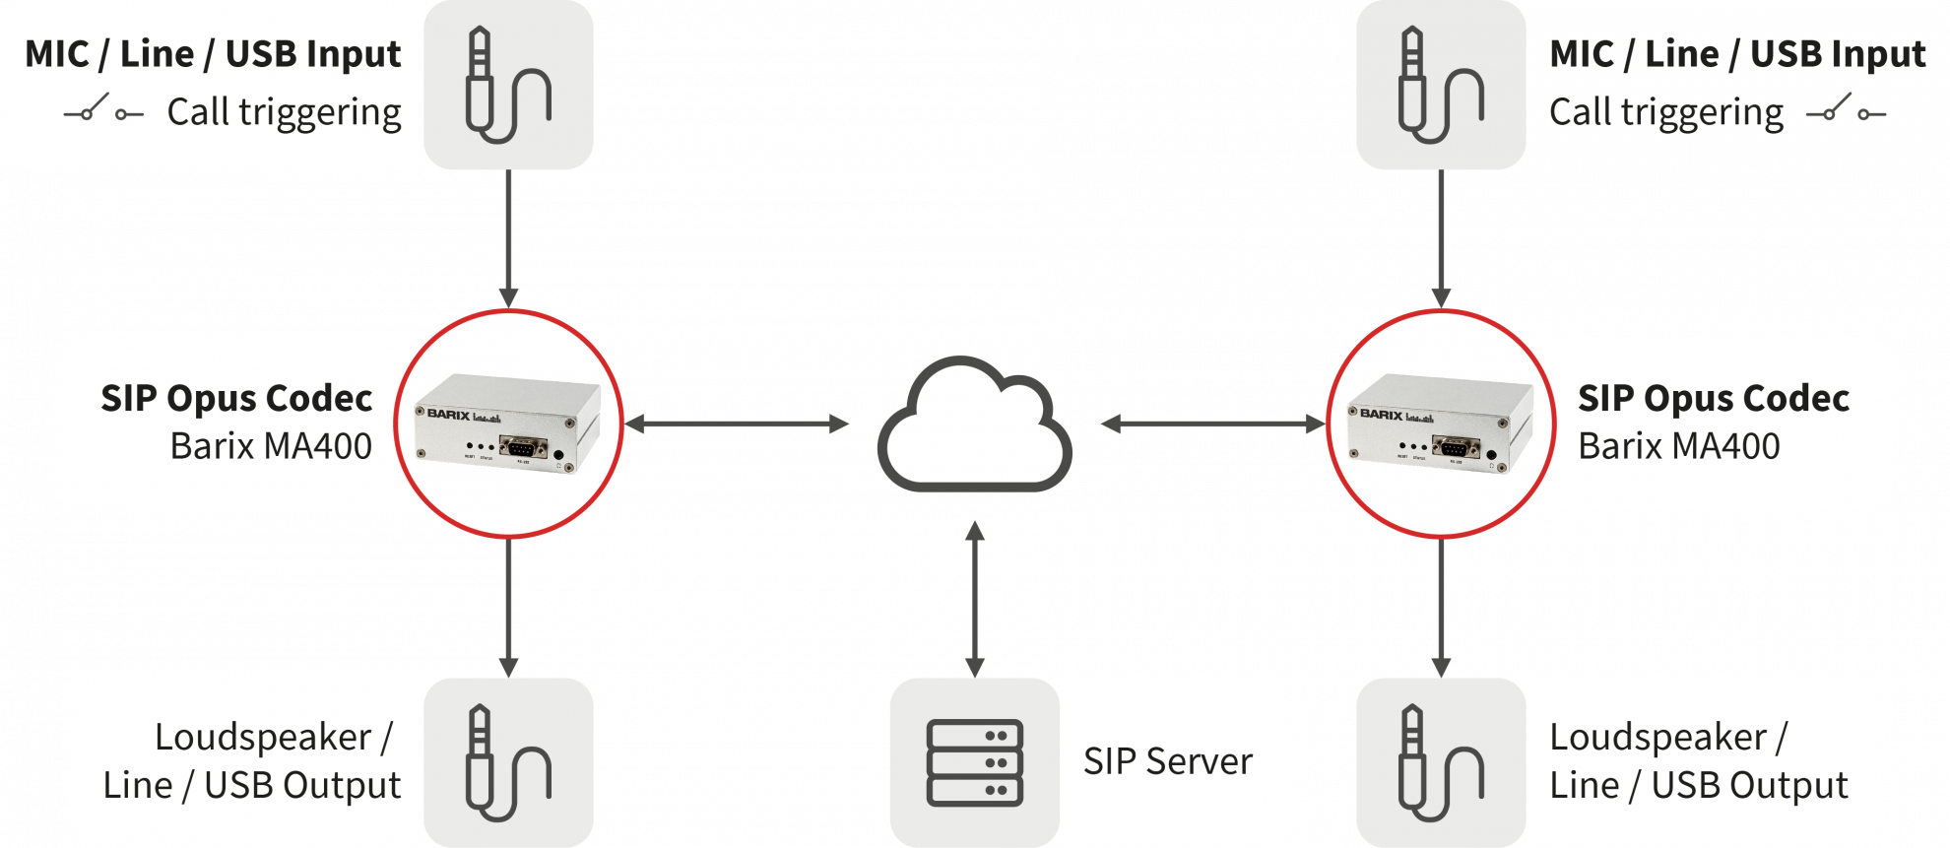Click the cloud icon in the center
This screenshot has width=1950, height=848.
(x=974, y=425)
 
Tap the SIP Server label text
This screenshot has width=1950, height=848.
(x=1167, y=761)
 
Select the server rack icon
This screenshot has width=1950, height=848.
(x=974, y=762)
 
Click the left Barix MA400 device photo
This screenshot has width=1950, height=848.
(x=508, y=423)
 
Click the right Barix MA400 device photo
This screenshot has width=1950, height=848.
(x=1441, y=423)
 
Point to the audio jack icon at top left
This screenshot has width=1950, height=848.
(x=507, y=86)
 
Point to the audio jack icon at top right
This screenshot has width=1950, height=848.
(x=1440, y=86)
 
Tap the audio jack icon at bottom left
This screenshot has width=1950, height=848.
(x=507, y=762)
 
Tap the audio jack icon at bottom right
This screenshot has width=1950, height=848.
(x=1440, y=762)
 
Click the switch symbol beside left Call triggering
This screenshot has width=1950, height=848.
(x=103, y=110)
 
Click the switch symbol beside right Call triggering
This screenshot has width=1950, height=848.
(x=1846, y=110)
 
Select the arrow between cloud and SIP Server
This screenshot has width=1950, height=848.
(x=975, y=598)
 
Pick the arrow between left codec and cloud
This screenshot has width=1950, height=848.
(x=738, y=424)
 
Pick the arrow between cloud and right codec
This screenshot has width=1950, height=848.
(x=1213, y=424)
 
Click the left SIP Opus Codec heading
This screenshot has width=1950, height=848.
(x=236, y=399)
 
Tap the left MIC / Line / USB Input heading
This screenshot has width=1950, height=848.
(x=213, y=54)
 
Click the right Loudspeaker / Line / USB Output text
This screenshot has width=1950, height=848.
(x=1698, y=761)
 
